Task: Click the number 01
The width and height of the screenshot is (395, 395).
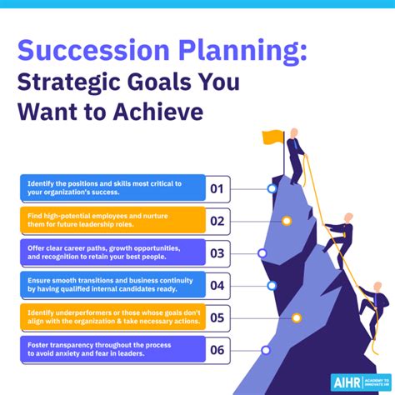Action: pos(217,188)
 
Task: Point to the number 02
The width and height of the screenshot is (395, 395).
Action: pos(217,221)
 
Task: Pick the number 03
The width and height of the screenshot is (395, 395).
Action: pos(217,252)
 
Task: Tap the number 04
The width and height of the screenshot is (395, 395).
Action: pos(217,285)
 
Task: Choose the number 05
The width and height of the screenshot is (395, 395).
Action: pos(217,317)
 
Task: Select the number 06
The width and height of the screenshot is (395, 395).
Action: pos(217,350)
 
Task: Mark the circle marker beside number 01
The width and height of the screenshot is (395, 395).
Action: pos(272,188)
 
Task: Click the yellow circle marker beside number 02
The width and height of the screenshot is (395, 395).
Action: pos(287,221)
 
